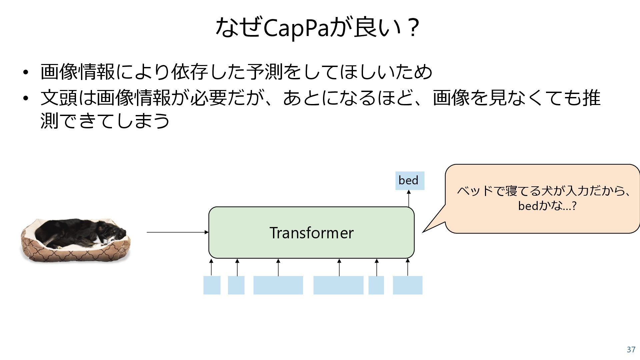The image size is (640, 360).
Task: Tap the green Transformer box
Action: click(x=311, y=232)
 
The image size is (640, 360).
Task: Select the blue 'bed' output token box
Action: click(x=410, y=181)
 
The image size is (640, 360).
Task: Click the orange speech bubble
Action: click(x=543, y=199)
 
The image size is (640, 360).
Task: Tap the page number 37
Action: click(x=631, y=350)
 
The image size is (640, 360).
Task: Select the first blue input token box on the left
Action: click(x=212, y=285)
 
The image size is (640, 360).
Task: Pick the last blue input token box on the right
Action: click(x=407, y=285)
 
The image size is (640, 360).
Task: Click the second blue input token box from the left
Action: click(x=236, y=285)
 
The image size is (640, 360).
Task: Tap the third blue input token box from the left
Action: click(x=278, y=285)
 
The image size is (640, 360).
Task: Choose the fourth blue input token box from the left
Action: click(x=338, y=285)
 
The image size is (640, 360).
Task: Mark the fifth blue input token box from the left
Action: click(x=376, y=285)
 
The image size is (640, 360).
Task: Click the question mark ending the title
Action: click(x=413, y=29)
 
